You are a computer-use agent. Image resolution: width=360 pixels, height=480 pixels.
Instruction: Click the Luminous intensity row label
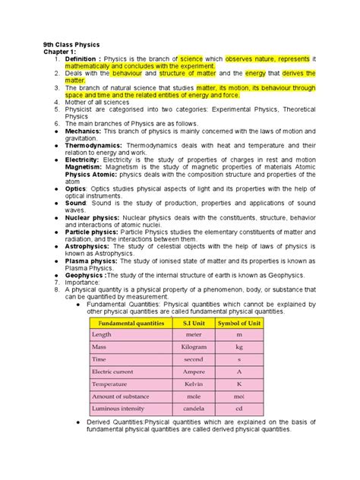117,409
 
